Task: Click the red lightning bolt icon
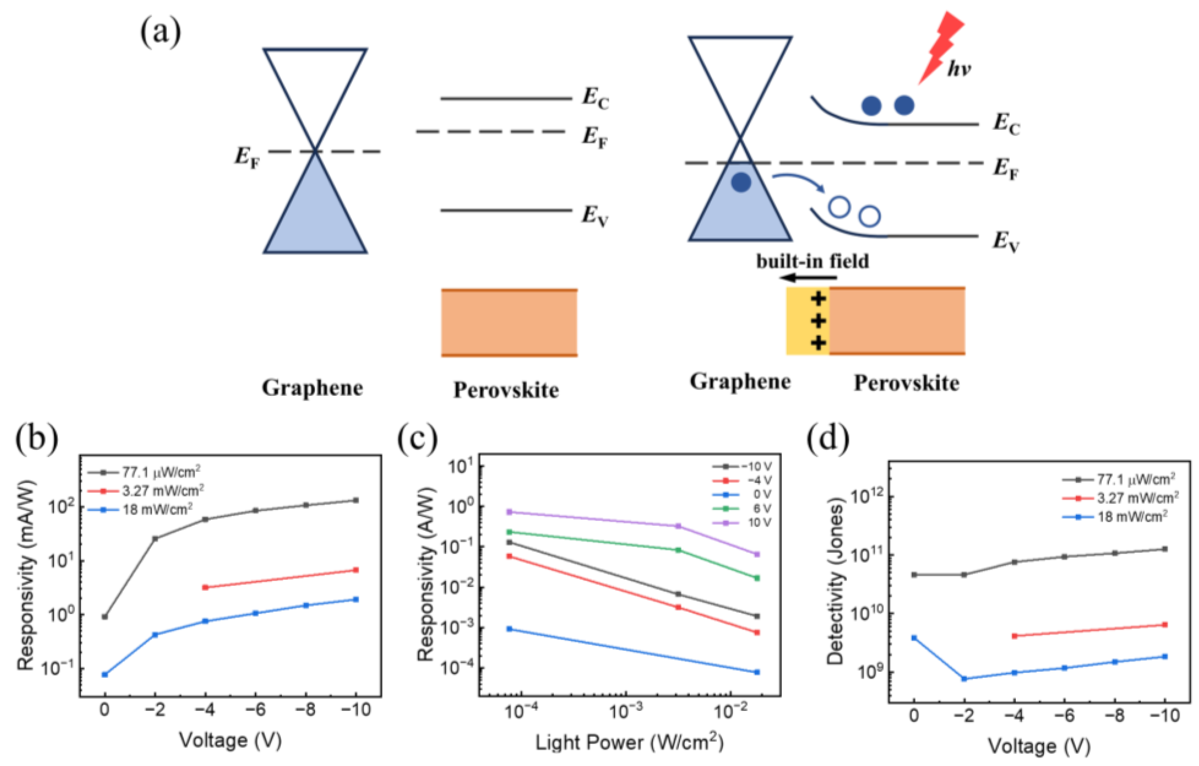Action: pos(942,47)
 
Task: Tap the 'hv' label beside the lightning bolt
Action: pos(958,69)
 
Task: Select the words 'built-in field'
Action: pos(813,261)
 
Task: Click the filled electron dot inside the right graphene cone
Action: pos(741,182)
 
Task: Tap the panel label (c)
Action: pos(417,438)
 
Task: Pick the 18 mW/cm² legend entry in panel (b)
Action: pos(140,508)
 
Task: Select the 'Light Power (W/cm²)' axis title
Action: pos(629,743)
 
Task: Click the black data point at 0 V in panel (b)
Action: pos(104,617)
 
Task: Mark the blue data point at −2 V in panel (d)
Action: pos(964,678)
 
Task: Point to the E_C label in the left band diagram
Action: pos(596,98)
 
